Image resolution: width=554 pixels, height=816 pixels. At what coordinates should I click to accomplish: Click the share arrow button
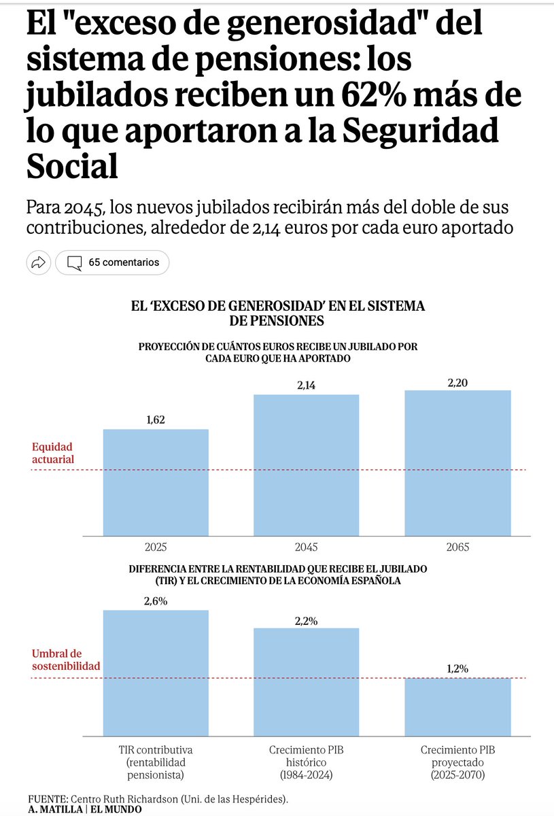coord(39,262)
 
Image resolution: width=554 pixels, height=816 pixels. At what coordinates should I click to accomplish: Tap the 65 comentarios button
coord(112,262)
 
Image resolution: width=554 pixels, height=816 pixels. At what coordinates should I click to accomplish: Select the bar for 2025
coord(156,482)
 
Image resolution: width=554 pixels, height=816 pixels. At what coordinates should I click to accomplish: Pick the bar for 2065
coord(457,462)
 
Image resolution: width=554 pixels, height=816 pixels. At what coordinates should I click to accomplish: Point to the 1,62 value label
coord(156,420)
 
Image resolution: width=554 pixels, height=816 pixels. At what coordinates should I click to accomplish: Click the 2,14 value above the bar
coord(307,385)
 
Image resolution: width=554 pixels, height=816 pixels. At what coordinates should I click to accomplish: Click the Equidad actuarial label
coord(52,453)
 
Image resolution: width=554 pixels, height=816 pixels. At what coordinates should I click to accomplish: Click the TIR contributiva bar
coord(156,673)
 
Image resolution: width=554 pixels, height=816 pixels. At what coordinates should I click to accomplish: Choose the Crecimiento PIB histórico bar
coord(307,681)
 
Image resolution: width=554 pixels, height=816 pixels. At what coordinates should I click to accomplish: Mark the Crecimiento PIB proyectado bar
coord(457,707)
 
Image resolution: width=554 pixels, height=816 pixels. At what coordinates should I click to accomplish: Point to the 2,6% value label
coord(156,601)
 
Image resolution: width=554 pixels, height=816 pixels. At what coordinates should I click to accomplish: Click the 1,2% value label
coord(457,668)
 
